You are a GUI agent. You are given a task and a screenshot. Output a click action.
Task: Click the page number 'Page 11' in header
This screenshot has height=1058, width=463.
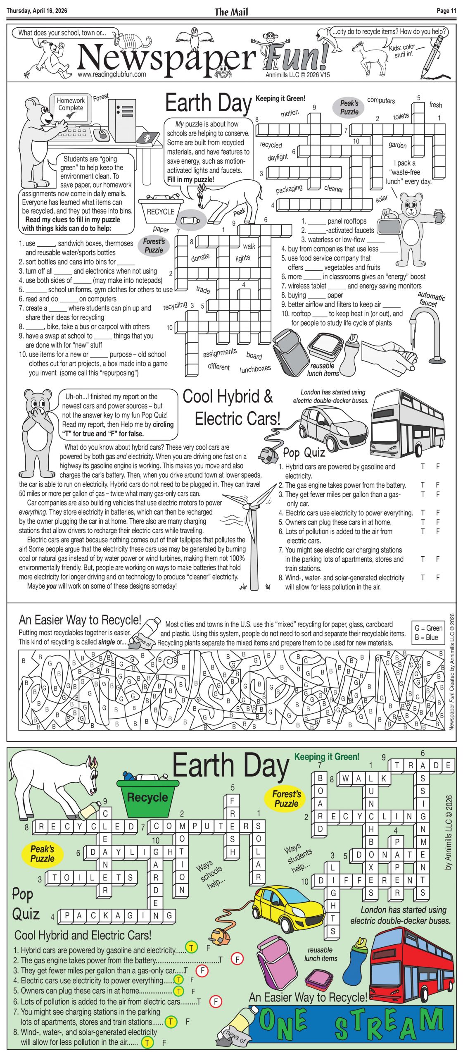coord(446,11)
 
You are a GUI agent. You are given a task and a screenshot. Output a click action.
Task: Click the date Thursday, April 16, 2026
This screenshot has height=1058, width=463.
coord(37,11)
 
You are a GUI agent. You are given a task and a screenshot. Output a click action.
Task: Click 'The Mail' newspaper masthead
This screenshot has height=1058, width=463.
coord(231,12)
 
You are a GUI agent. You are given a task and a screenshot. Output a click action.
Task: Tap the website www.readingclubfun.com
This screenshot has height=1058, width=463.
coord(112,74)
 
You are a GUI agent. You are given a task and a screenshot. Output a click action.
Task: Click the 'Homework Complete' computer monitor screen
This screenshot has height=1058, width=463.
coord(71,107)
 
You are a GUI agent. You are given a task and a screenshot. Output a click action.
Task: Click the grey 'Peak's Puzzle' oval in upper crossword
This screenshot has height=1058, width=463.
coord(349,107)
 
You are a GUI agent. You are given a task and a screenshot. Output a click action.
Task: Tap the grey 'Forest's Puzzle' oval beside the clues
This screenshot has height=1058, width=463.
coord(154,246)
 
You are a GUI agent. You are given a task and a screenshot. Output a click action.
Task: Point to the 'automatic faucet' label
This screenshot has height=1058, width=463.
coord(430,299)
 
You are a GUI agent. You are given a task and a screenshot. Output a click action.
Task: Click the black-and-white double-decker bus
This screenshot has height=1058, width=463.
coord(407,424)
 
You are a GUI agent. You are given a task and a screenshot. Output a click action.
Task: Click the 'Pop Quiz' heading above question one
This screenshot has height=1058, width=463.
coord(304,453)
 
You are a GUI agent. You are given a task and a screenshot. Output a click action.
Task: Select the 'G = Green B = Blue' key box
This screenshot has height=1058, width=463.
coord(428,633)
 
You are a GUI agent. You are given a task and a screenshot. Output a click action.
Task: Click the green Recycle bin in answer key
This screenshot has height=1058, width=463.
coord(147,798)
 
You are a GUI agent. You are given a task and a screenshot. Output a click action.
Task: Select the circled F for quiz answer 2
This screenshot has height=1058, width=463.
coord(237,959)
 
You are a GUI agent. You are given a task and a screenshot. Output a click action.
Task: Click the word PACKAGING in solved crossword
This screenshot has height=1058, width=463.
coord(118,915)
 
